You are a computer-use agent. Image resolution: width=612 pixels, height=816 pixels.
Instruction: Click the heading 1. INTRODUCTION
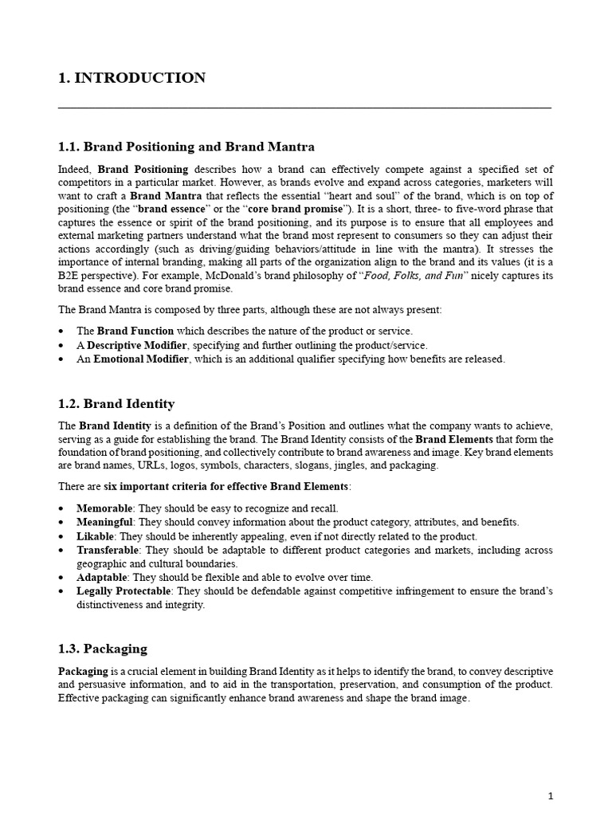pos(132,78)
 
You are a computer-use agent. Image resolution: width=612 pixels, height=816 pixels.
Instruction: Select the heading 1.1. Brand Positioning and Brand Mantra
pos(186,147)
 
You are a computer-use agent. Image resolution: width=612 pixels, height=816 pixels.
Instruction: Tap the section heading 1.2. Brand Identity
pos(116,404)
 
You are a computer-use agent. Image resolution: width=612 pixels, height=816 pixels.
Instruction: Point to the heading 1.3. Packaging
pos(103,649)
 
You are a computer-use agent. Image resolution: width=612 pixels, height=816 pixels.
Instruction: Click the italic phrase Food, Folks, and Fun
pos(414,276)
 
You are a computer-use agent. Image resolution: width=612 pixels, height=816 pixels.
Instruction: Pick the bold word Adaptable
pos(101,578)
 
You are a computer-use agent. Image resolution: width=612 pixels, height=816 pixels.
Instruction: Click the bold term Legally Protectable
pos(123,591)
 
